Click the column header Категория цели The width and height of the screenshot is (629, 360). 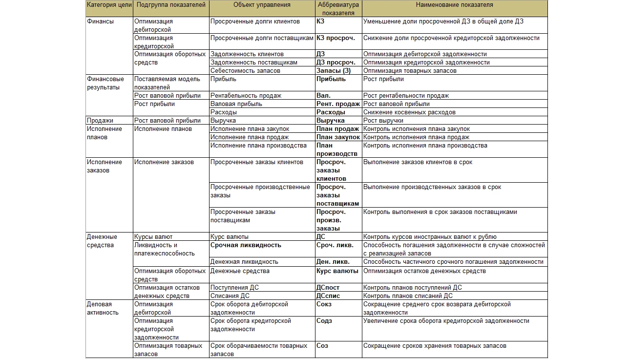pyautogui.click(x=108, y=5)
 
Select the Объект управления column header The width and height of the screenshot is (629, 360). pyautogui.click(x=262, y=5)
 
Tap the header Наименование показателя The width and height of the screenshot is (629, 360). pyautogui.click(x=454, y=5)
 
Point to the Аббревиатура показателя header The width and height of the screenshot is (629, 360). pyautogui.click(x=338, y=9)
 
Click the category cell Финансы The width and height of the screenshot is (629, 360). pyautogui.click(x=100, y=21)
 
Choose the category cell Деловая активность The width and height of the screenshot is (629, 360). pyautogui.click(x=103, y=308)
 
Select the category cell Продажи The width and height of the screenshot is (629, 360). pyautogui.click(x=100, y=121)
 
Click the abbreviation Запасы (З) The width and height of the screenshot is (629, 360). pyautogui.click(x=334, y=71)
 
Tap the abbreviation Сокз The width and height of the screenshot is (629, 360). pyautogui.click(x=324, y=304)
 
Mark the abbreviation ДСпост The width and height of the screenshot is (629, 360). pyautogui.click(x=328, y=288)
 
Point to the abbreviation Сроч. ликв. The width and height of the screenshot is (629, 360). pyautogui.click(x=335, y=245)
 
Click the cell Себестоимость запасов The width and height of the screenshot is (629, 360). pyautogui.click(x=245, y=71)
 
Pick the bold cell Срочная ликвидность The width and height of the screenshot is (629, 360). pyautogui.click(x=246, y=245)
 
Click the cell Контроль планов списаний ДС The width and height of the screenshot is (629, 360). pyautogui.click(x=408, y=296)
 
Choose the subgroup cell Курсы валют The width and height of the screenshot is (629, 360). pyautogui.click(x=153, y=237)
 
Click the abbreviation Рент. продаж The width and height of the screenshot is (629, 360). pyautogui.click(x=338, y=104)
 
